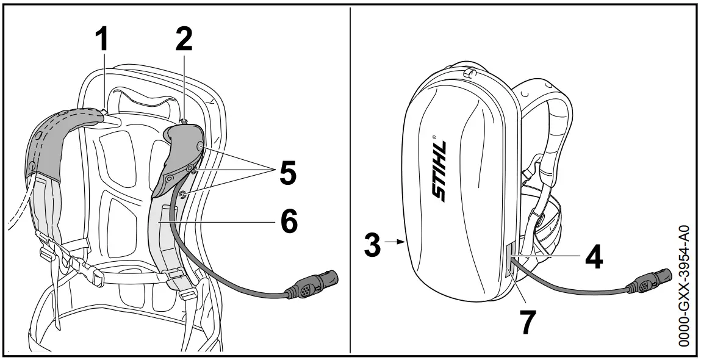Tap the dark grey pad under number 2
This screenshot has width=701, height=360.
183,153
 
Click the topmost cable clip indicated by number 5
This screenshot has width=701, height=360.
200,146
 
